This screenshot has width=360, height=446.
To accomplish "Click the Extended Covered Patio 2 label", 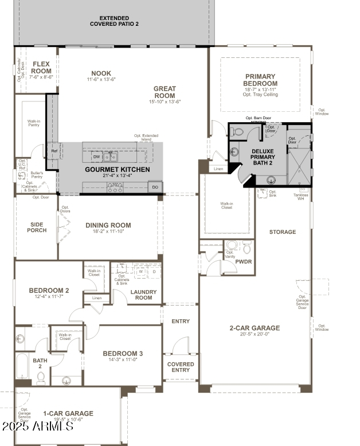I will click(114, 21).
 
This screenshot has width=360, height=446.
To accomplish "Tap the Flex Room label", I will click(42, 68).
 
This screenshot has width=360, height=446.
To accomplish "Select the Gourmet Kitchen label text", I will click(118, 170).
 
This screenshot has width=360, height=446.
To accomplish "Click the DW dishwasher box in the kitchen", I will click(96, 157).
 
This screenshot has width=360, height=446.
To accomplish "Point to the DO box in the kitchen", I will click(155, 187).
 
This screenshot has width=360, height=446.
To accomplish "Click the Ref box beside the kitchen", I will click(54, 151).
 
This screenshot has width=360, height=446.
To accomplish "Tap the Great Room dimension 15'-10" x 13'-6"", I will click(165, 101).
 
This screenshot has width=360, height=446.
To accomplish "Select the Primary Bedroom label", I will click(260, 80).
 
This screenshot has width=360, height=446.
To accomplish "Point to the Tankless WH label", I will click(300, 197).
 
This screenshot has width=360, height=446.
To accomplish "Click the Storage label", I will click(283, 232).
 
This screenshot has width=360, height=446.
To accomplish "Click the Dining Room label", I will click(108, 225).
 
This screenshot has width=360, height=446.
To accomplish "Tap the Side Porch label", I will click(37, 227).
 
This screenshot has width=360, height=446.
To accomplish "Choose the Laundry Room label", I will click(143, 294).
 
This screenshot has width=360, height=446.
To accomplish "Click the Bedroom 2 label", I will click(49, 291).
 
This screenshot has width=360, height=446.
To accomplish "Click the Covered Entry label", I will click(181, 367).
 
